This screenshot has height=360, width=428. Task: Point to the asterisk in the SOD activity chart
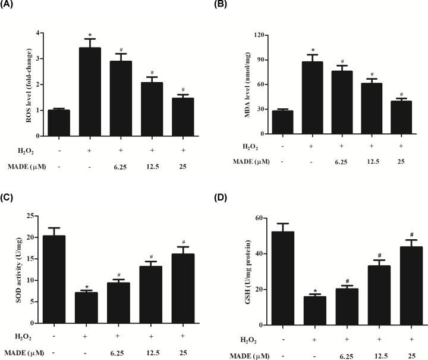tap(87, 287)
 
